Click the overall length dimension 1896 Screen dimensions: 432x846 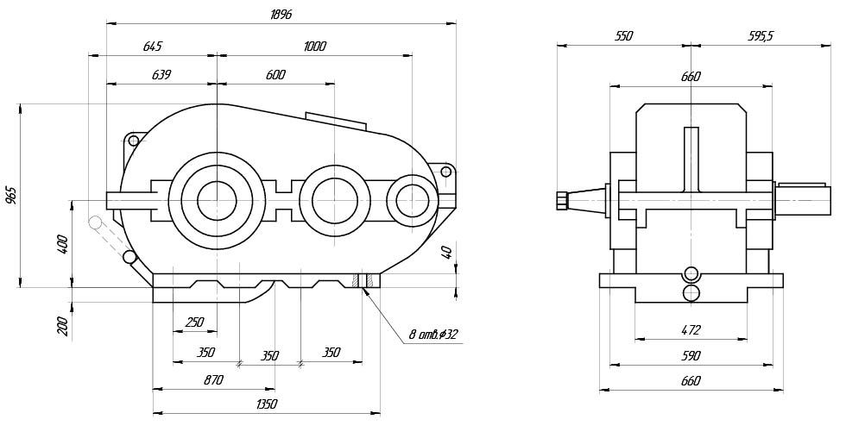[281, 16]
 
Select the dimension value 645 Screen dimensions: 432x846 [152, 47]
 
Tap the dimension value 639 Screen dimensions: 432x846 [161, 75]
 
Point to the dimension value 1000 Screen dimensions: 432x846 [315, 47]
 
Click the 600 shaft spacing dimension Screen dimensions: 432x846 [275, 75]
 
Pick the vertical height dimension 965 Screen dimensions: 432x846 [11, 195]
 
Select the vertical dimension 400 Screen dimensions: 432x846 [61, 244]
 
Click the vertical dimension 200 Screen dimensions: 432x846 [61, 326]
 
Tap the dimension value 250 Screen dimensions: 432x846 [194, 322]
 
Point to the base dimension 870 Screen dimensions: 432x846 [213, 379]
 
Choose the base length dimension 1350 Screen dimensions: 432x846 [266, 404]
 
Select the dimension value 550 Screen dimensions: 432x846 [622, 36]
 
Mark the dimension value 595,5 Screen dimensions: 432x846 [761, 36]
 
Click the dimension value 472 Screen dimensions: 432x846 [690, 329]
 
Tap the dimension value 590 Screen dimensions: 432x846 [690, 355]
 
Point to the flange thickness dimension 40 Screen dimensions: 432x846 [446, 252]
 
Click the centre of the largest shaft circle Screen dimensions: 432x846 [216, 200]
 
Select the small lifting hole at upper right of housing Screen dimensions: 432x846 [445, 172]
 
